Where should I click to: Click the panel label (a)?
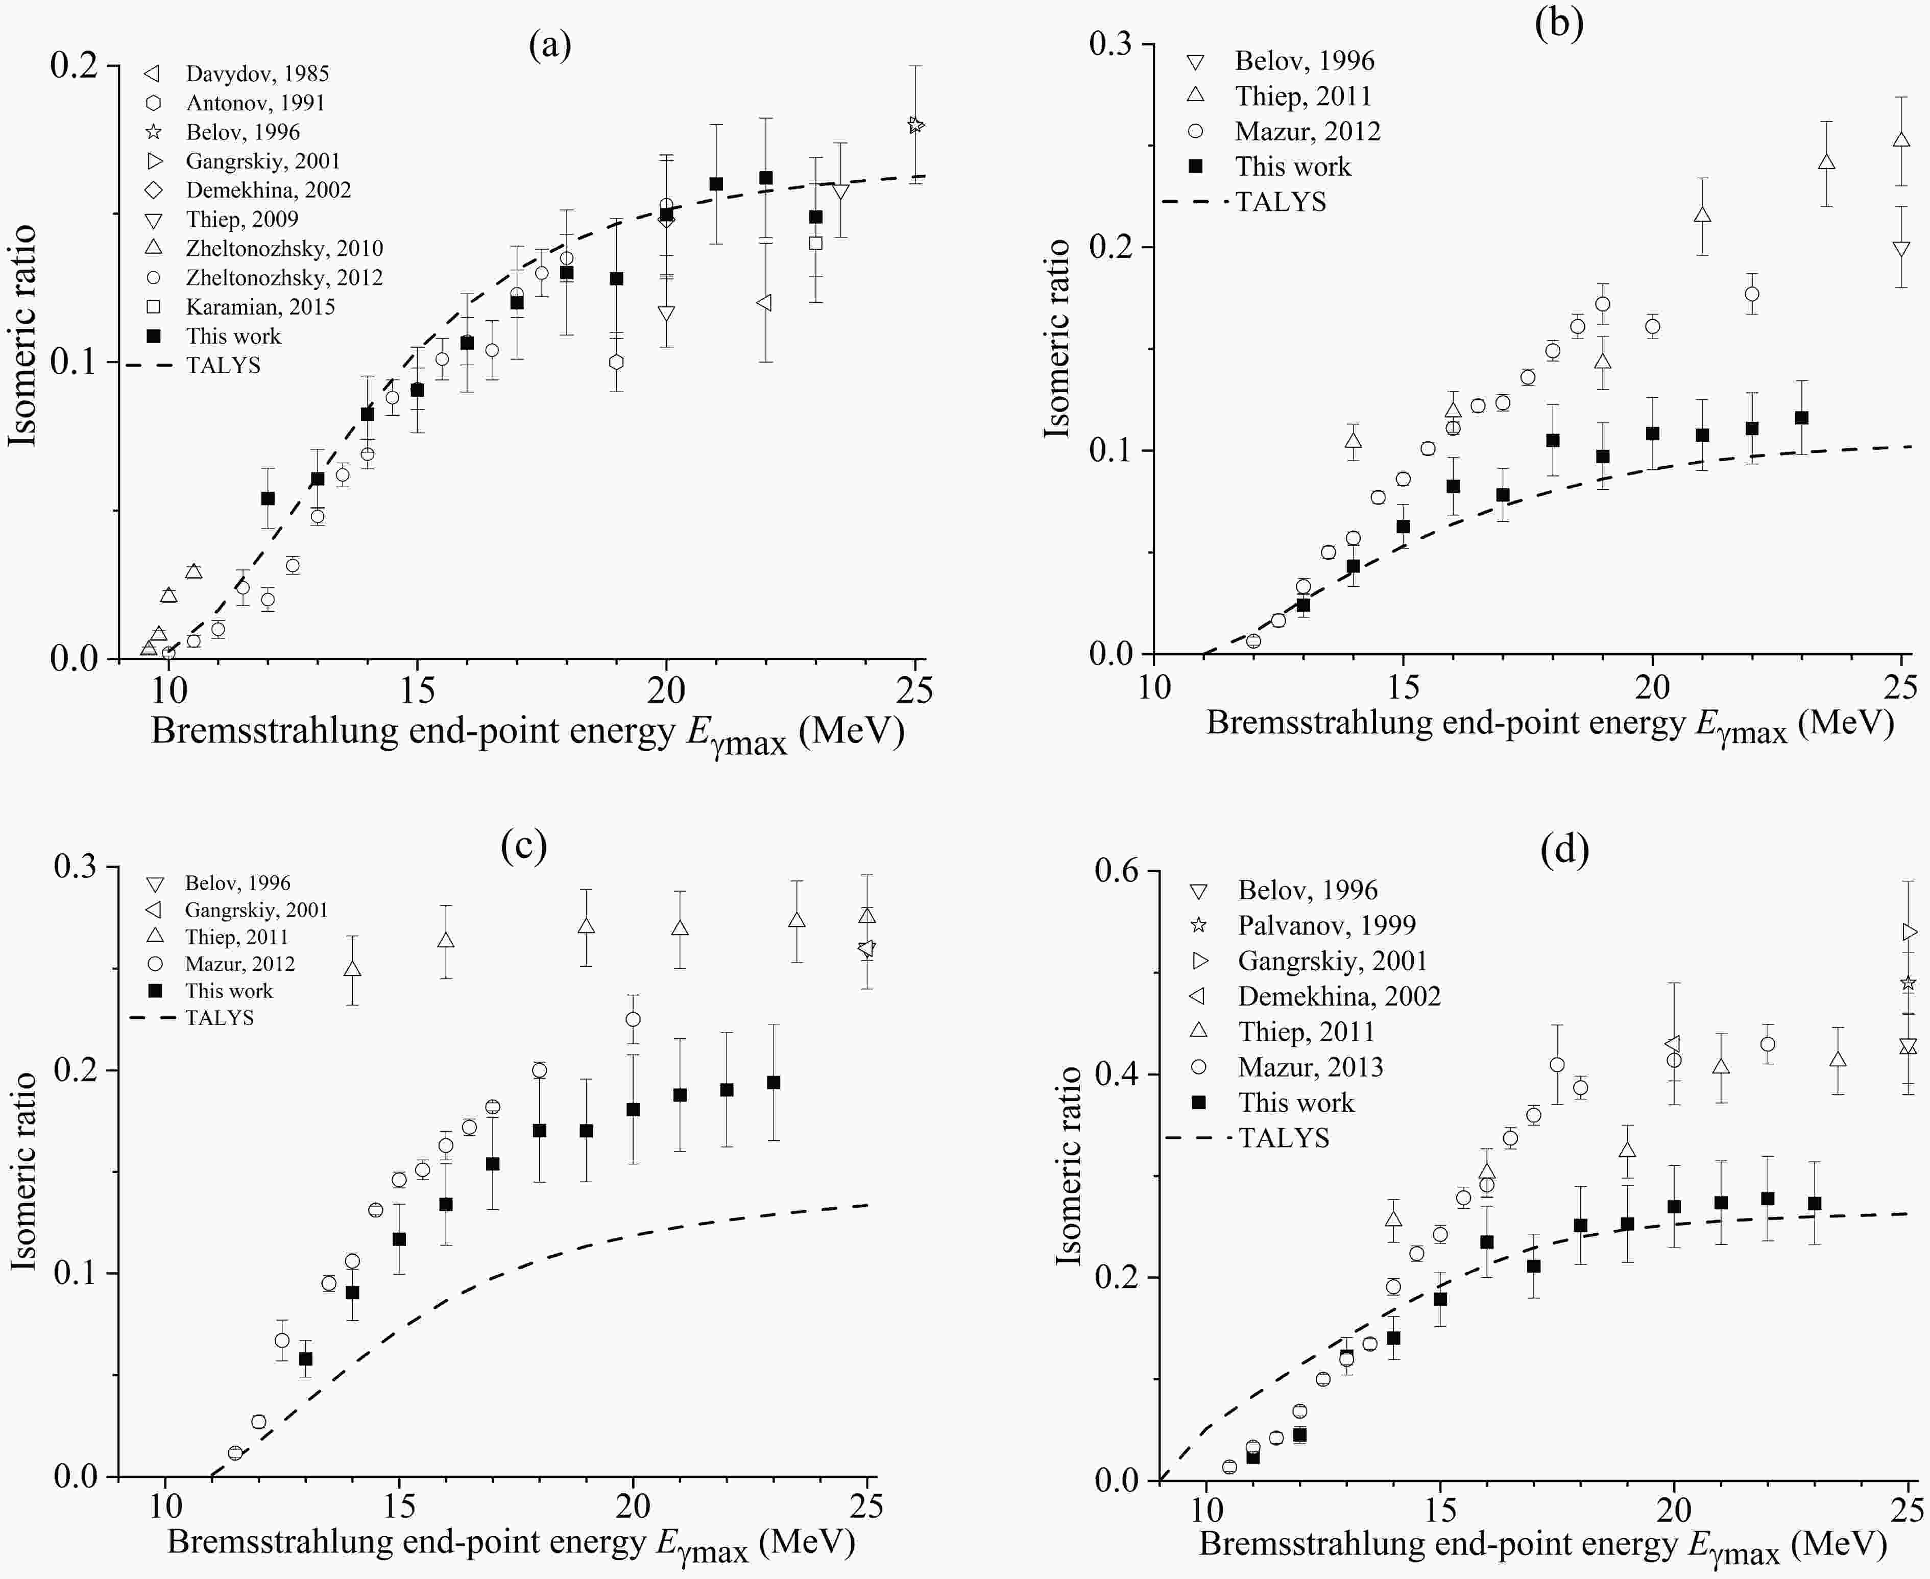click(x=549, y=44)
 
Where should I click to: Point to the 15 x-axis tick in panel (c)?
click(x=398, y=1505)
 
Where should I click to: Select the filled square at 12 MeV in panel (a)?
click(x=268, y=498)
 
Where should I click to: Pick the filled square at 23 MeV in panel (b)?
click(x=1801, y=418)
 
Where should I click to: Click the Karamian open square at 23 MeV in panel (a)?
click(x=816, y=243)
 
